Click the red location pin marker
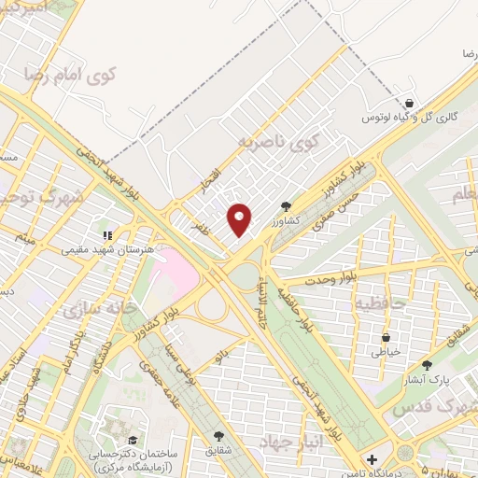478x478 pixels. (x=240, y=219)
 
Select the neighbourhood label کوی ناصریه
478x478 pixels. (x=272, y=143)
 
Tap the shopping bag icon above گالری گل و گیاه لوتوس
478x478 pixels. (x=409, y=103)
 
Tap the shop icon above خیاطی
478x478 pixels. (x=387, y=337)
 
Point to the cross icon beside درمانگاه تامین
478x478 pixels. (x=372, y=459)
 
